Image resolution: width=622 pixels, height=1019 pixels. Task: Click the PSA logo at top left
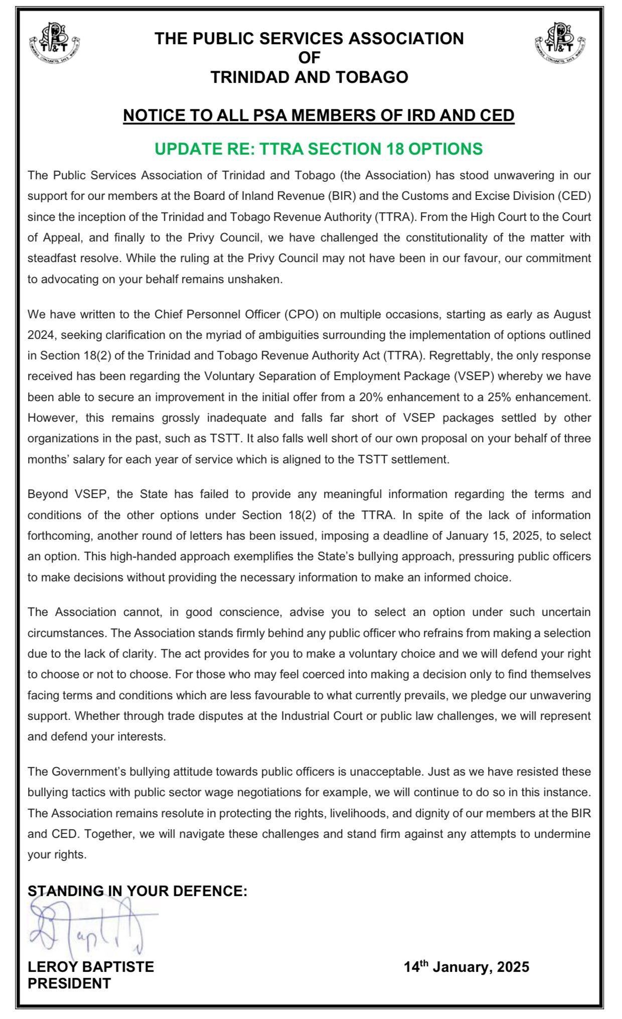tap(55, 43)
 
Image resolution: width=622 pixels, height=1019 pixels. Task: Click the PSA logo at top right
tap(560, 43)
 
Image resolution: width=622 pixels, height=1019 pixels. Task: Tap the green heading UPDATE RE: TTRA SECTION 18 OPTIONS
tap(318, 149)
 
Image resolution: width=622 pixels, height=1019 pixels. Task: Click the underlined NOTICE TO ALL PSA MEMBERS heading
tap(319, 115)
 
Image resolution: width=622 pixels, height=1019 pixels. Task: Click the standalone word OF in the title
tap(309, 58)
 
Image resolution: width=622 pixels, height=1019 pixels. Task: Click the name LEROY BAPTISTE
tap(91, 967)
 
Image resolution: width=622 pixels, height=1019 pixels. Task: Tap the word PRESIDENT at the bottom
tap(69, 983)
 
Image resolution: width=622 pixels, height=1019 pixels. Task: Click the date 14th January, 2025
tap(466, 967)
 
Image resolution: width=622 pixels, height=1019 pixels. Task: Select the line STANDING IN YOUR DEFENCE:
tap(137, 891)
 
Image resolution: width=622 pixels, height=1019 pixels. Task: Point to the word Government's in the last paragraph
tap(89, 772)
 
